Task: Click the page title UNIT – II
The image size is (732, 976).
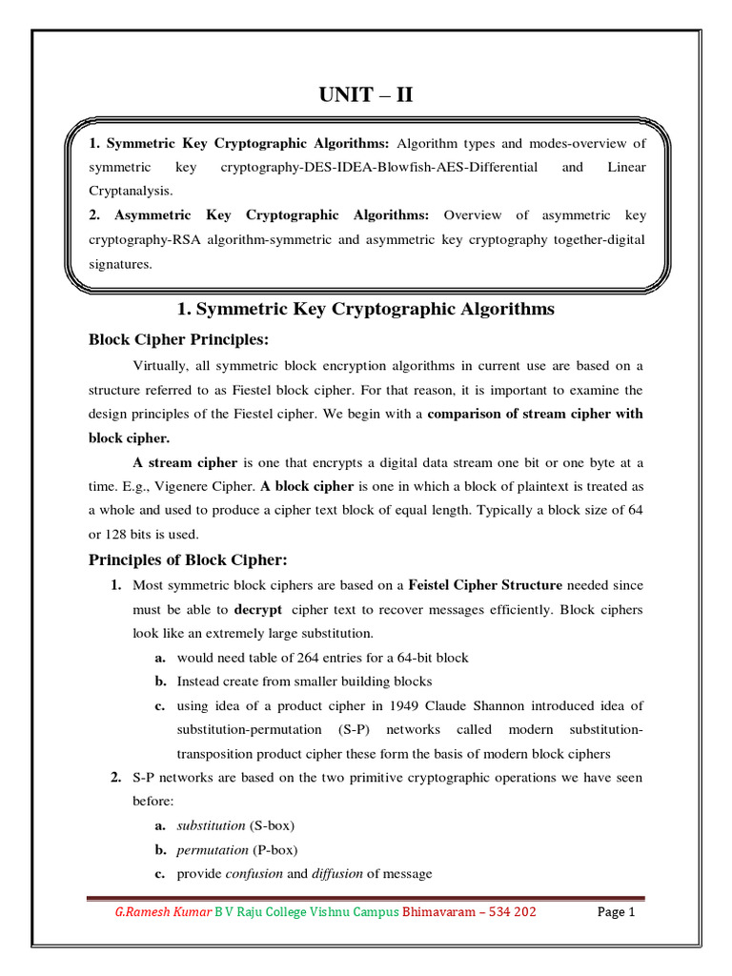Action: point(365,95)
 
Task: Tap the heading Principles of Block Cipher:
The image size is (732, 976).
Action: point(188,559)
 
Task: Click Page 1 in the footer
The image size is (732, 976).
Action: point(616,912)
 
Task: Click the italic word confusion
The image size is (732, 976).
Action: point(254,874)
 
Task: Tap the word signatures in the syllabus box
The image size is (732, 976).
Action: point(120,264)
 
